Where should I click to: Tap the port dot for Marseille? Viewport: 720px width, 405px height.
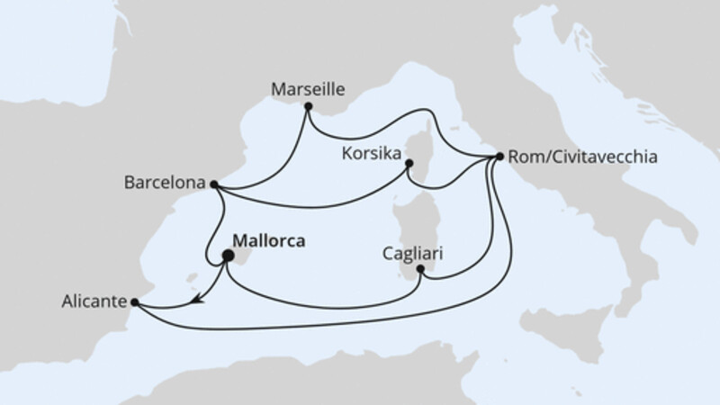tap(309, 107)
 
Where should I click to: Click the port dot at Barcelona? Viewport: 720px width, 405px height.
tap(213, 184)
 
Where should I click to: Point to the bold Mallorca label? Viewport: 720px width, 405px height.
tap(268, 241)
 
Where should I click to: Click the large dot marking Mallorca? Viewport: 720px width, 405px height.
tap(228, 256)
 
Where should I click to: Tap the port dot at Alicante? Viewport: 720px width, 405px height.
tap(135, 302)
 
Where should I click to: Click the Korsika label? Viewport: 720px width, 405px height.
tap(370, 154)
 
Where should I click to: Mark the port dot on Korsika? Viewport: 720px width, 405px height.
tap(409, 164)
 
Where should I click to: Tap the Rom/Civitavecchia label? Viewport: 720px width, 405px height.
tap(582, 157)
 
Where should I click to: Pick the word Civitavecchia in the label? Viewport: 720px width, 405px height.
tap(602, 157)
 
